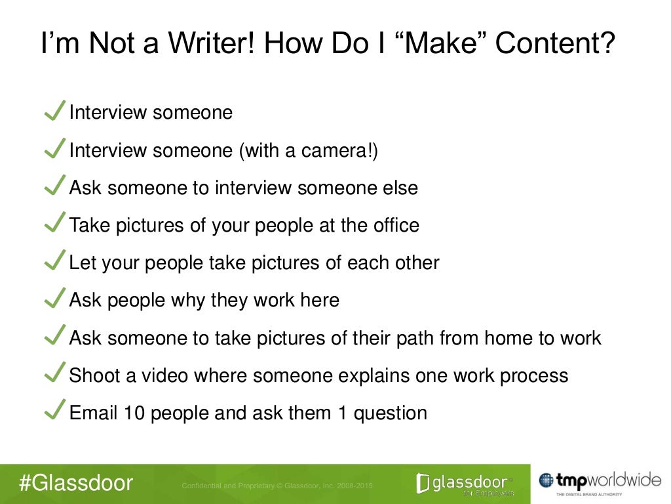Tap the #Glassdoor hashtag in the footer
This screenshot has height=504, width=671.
(x=76, y=484)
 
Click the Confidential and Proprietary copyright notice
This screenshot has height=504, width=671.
(x=276, y=485)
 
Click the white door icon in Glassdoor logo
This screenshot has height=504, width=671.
(x=423, y=484)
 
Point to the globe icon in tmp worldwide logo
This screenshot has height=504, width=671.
(x=546, y=481)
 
